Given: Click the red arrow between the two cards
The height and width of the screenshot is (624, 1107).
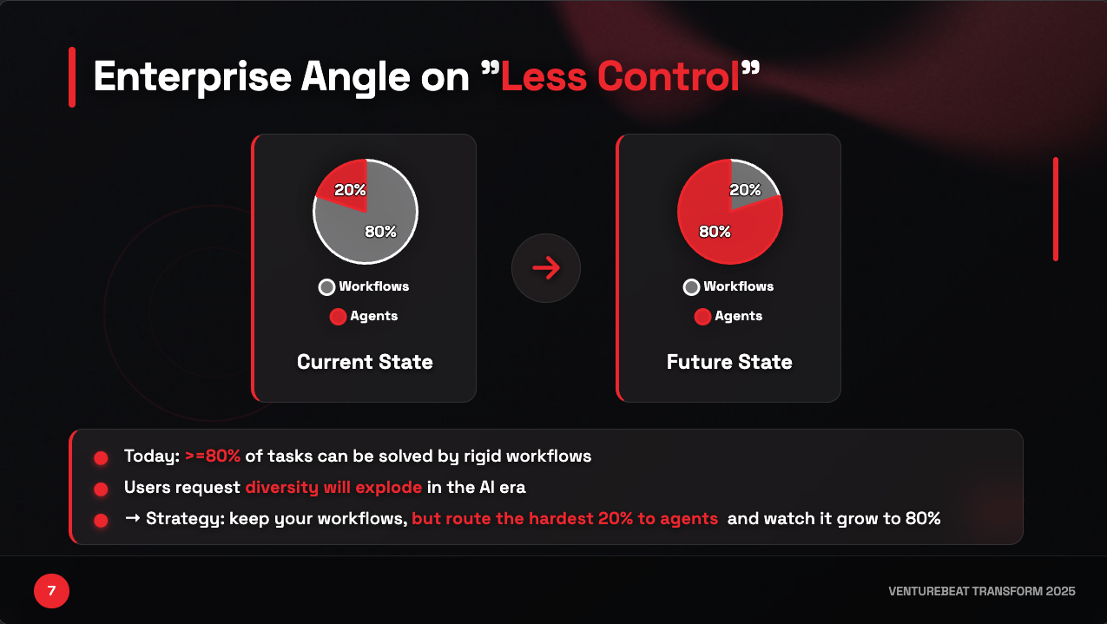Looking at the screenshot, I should tap(546, 268).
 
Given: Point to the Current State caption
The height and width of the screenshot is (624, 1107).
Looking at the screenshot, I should tap(365, 362).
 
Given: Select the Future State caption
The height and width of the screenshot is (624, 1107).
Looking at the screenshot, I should tap(729, 362).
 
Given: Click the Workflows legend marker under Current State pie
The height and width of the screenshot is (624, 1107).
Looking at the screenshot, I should tap(326, 287).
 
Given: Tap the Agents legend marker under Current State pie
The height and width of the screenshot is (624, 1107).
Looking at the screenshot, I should tap(338, 317).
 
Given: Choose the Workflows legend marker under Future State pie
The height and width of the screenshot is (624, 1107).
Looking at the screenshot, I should tap(691, 287).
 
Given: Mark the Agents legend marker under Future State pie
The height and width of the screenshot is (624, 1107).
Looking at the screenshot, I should tap(702, 317).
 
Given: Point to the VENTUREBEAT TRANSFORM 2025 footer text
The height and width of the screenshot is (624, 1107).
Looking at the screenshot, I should tap(982, 592).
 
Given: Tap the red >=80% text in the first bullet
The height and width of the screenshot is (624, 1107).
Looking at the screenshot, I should tap(213, 457).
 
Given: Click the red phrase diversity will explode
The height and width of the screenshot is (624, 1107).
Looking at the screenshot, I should tap(333, 488).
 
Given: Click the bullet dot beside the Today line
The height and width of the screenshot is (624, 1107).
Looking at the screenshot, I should tap(101, 457).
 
